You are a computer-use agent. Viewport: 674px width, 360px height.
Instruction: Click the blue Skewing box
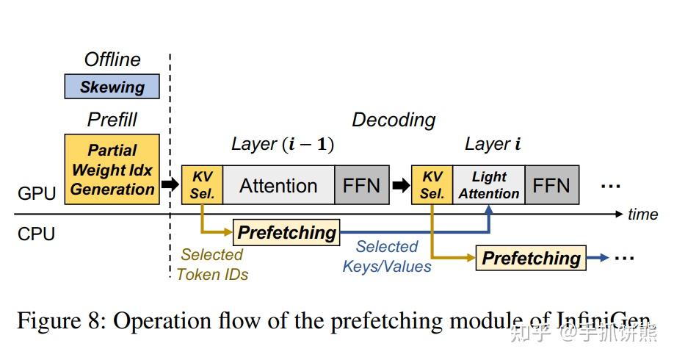click(112, 87)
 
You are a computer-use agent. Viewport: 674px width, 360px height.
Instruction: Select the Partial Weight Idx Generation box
click(112, 170)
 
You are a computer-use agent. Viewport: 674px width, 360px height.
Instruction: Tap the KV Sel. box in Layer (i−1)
click(202, 185)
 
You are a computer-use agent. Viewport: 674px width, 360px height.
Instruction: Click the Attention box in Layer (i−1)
click(278, 185)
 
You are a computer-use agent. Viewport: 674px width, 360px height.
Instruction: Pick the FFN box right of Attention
click(361, 185)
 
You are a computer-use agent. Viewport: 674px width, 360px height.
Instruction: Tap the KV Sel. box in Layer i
click(432, 185)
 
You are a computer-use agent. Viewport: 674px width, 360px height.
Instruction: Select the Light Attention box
click(489, 185)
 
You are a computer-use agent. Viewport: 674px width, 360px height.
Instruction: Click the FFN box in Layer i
click(551, 185)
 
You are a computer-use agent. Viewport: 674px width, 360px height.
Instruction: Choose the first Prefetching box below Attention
click(286, 233)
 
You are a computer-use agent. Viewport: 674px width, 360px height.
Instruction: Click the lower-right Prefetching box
click(531, 259)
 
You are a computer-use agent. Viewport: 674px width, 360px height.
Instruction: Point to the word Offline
click(112, 60)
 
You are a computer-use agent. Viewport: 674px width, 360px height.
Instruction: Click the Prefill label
click(112, 119)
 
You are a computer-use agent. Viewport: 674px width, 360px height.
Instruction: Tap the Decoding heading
click(394, 120)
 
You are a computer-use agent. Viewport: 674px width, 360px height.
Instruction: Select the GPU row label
click(37, 194)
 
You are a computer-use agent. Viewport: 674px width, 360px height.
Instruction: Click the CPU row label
click(36, 234)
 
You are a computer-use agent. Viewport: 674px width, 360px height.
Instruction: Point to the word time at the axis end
click(642, 214)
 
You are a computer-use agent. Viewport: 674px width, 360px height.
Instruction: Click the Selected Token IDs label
click(212, 264)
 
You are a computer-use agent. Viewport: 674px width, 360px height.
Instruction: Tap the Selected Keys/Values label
click(387, 256)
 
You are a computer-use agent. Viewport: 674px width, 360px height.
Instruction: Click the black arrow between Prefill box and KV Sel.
click(170, 184)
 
